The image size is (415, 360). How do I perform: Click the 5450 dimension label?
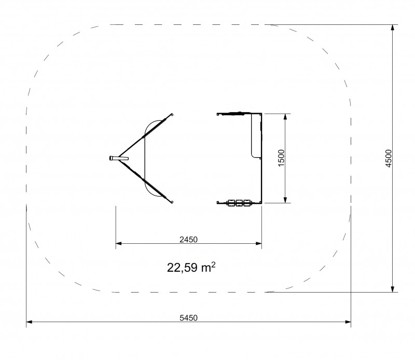188,317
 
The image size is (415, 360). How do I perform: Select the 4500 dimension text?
388,158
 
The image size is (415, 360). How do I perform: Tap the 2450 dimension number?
188,240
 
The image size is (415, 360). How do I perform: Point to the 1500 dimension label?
281,158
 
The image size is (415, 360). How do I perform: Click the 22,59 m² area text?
191,267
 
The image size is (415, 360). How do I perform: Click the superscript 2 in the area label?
214,264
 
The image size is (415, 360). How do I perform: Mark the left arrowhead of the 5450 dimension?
29,322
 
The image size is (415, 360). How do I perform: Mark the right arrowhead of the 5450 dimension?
348,322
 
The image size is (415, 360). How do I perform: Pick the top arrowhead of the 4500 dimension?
393,28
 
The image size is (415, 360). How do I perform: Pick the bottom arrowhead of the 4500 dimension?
393,289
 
